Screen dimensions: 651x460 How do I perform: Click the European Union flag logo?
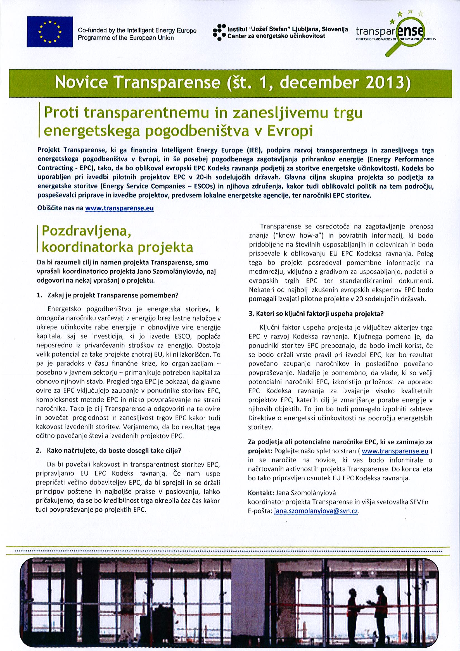tap(50, 32)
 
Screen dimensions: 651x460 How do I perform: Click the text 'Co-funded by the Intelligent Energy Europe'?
tap(137, 31)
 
